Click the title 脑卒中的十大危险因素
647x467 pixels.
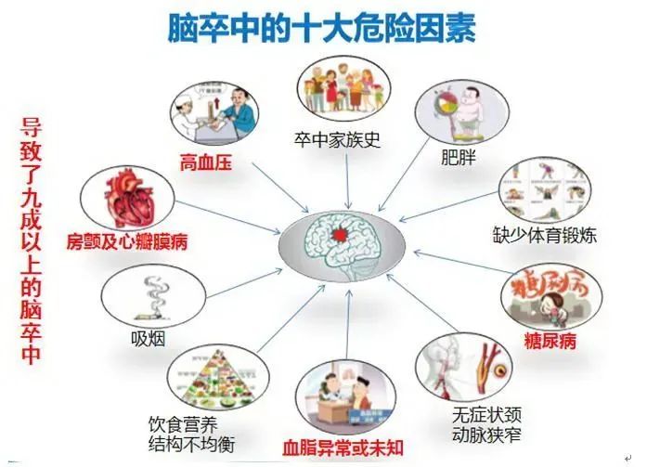322,28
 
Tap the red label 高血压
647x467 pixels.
206,163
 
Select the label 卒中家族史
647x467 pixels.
337,140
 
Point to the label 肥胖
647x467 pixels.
458,157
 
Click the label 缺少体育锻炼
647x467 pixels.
545,236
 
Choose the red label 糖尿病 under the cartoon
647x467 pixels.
550,342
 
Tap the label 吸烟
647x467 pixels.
149,339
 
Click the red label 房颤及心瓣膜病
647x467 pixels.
127,241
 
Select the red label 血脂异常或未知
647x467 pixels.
343,448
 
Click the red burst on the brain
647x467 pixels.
340,235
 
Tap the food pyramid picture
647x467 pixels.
218,378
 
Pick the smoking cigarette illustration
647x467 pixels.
153,299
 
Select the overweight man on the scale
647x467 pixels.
469,110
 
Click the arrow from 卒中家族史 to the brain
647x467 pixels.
347,181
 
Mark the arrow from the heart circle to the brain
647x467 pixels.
227,218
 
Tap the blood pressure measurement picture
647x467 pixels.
214,112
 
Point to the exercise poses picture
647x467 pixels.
545,190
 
